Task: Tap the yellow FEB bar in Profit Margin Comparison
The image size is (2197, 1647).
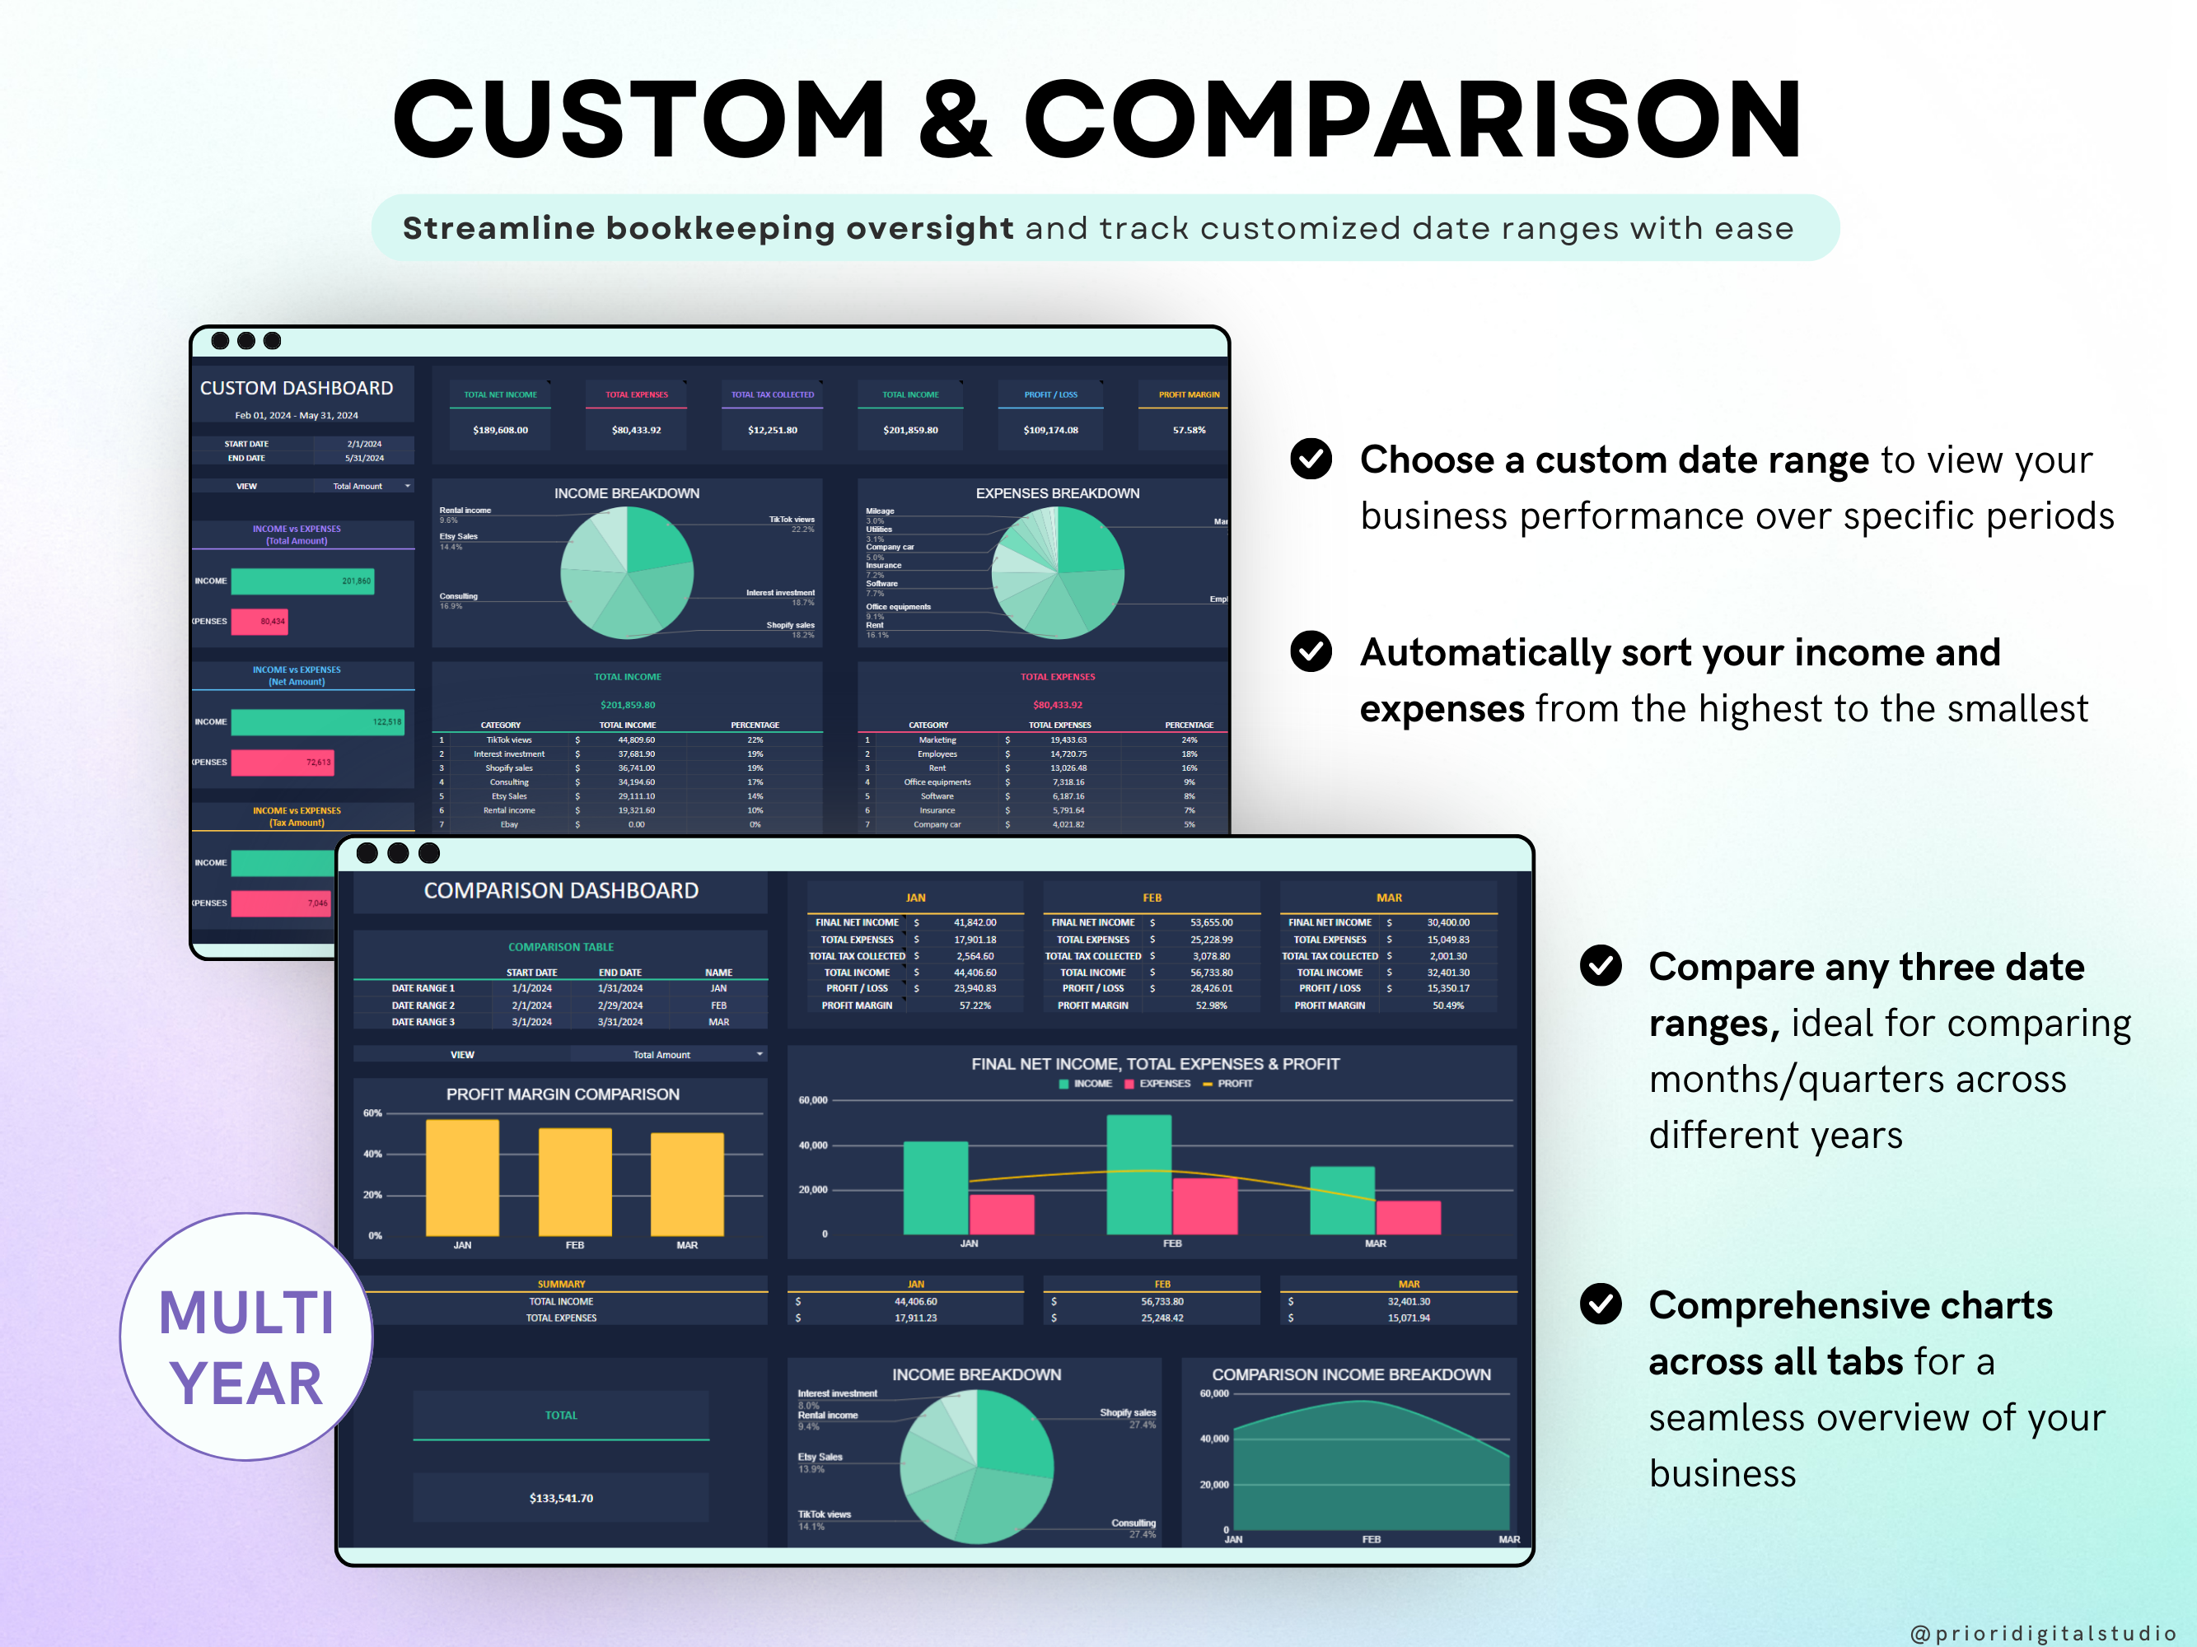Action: [x=575, y=1182]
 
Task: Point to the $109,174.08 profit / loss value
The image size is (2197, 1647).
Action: [x=1051, y=430]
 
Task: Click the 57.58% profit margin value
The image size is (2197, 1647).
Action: [x=1189, y=430]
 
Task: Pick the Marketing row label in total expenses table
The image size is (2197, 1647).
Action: [x=937, y=740]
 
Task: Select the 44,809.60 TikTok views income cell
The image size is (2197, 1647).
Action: [x=637, y=740]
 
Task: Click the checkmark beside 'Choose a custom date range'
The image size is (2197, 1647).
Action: [x=1311, y=459]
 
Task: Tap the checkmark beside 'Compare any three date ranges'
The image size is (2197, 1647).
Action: [x=1601, y=965]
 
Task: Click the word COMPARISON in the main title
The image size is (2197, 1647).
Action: [x=1412, y=119]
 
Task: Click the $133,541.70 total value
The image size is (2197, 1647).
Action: [x=561, y=1498]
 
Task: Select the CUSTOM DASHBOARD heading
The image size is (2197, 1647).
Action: [x=297, y=388]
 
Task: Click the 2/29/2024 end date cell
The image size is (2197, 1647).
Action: [x=619, y=1005]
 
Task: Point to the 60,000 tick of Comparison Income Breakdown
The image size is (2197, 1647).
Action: [x=1213, y=1394]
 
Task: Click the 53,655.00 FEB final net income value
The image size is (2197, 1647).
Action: [x=1212, y=922]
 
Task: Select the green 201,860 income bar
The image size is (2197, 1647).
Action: [x=302, y=581]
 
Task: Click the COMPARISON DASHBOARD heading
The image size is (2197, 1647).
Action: [x=561, y=890]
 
